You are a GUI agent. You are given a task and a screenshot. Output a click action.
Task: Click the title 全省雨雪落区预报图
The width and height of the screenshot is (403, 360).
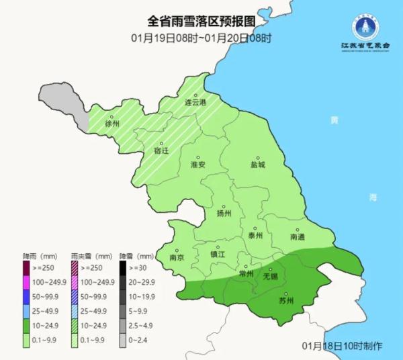click(x=201, y=21)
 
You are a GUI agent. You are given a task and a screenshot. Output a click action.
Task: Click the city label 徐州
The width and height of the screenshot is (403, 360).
click(x=112, y=124)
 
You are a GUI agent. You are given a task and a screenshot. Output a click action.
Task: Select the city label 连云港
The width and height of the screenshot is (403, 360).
click(x=195, y=103)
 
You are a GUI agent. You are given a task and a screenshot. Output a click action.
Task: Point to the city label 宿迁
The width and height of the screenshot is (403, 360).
click(x=161, y=150)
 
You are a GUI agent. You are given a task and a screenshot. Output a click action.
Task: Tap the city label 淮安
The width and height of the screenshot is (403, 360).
click(x=197, y=165)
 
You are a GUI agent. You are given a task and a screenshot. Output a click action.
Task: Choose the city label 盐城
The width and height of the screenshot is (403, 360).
click(x=258, y=164)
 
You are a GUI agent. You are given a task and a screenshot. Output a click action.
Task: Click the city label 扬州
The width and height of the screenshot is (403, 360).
click(x=224, y=214)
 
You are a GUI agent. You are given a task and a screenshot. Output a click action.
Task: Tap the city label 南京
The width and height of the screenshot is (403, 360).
click(x=177, y=257)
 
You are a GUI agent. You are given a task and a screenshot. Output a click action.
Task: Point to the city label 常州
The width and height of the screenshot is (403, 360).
click(x=247, y=274)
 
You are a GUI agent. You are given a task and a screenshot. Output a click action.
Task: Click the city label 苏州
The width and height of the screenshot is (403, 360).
click(x=286, y=300)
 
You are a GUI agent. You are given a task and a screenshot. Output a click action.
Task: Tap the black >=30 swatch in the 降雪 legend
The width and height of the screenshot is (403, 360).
click(x=124, y=267)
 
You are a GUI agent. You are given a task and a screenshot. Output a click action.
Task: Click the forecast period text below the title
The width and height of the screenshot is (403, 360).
click(x=201, y=38)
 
